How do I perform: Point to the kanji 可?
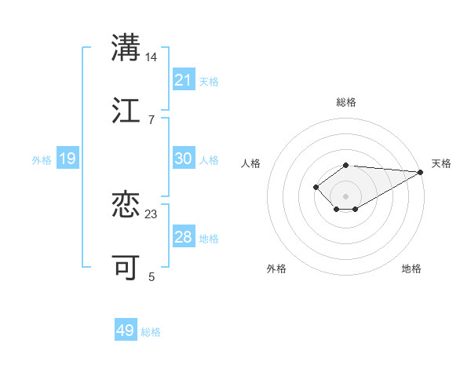[x=126, y=267]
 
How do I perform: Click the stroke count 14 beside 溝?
[x=152, y=57]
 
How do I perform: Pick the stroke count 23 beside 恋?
[x=152, y=214]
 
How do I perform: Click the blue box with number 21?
[x=184, y=80]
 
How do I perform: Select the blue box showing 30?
[x=184, y=159]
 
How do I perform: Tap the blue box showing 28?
[x=184, y=237]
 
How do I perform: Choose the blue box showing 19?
[x=68, y=159]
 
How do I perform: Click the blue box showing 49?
[x=126, y=331]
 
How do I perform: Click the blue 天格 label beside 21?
[x=209, y=82]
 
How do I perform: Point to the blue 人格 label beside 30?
[x=209, y=160]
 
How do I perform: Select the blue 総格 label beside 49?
[x=151, y=332]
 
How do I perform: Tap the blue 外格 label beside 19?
[x=42, y=160]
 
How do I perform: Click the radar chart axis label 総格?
[x=346, y=102]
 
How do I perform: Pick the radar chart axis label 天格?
[x=441, y=163]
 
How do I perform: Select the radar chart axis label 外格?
[x=276, y=269]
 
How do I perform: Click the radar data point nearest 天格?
[x=421, y=172]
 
